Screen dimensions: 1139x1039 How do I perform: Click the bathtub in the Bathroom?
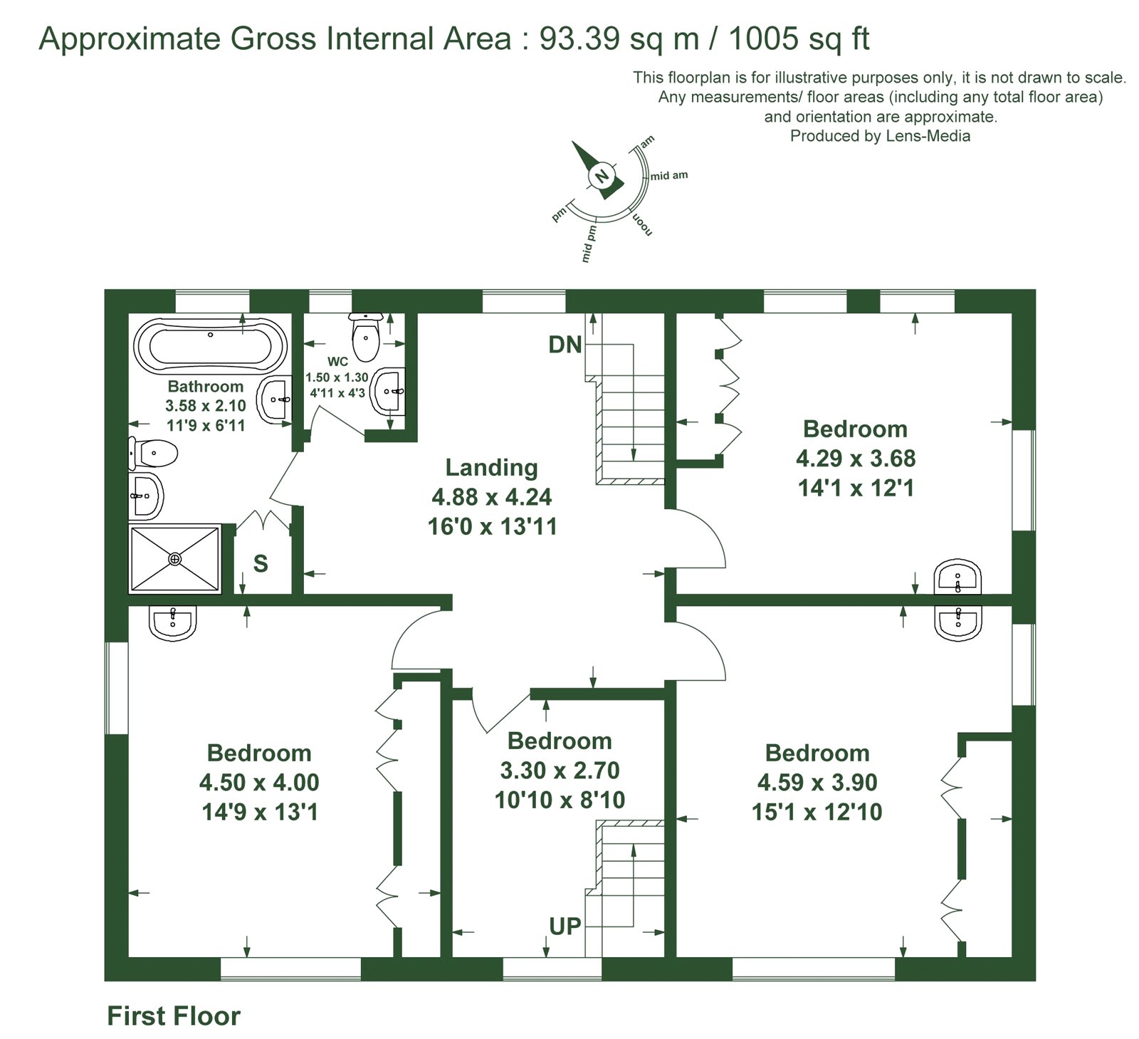(210, 347)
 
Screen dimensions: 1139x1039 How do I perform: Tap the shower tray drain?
(175, 559)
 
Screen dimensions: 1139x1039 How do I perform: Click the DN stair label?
(565, 345)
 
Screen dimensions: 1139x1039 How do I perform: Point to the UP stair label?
(565, 926)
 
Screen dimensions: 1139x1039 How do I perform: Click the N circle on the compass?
(602, 176)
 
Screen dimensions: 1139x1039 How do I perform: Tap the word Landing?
(491, 467)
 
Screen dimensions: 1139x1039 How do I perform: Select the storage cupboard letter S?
(261, 563)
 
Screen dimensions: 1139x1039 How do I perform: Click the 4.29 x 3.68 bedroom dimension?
(856, 458)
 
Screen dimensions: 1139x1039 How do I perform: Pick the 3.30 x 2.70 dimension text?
(560, 770)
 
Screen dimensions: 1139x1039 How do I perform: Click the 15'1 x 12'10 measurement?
(817, 812)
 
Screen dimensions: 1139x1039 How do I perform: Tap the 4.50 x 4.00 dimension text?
(259, 783)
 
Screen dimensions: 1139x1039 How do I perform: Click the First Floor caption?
(174, 1015)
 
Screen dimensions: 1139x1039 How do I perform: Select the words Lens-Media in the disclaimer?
(928, 135)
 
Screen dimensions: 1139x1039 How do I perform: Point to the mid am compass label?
(669, 175)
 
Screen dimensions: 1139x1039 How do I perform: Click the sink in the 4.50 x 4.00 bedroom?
(173, 620)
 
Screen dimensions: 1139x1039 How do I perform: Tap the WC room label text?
(337, 362)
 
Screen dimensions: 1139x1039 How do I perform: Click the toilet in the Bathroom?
(152, 453)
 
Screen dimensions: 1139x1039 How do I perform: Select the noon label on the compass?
(641, 223)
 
